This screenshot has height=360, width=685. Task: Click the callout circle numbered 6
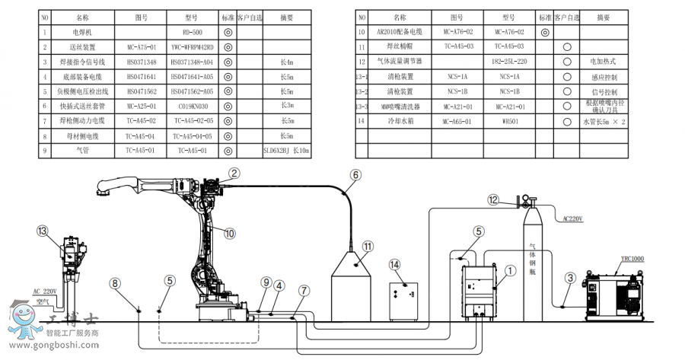pos(355,174)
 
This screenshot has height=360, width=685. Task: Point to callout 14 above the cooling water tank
pos(394,264)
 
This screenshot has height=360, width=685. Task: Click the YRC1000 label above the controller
pos(632,259)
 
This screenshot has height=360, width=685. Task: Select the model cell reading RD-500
pos(193,32)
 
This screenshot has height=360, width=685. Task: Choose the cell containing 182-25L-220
pos(509,60)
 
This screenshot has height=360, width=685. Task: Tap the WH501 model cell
pos(509,120)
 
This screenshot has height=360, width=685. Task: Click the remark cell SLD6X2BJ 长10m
pos(286,151)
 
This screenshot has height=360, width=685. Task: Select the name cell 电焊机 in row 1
pos(82,32)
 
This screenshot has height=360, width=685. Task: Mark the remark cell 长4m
pos(286,62)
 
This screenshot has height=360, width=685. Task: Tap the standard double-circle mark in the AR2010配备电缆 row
pos(544,32)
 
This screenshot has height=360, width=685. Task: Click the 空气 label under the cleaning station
pos(42,301)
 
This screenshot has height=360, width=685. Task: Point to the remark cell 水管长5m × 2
pos(604,120)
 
